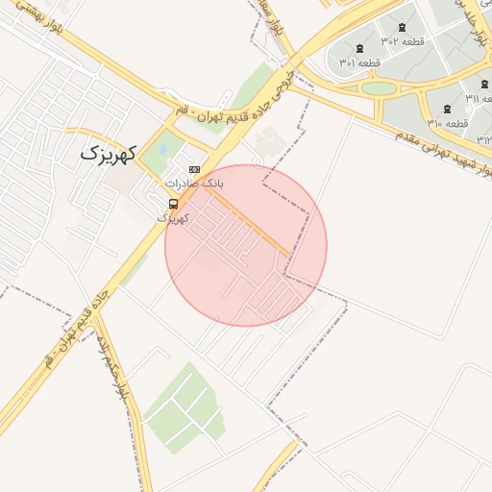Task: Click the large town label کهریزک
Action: pyautogui.click(x=109, y=152)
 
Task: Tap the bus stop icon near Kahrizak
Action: pyautogui.click(x=173, y=204)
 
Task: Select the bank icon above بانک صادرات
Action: pyautogui.click(x=194, y=169)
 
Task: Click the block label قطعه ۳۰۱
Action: pyautogui.click(x=360, y=62)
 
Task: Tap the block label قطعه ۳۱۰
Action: pyautogui.click(x=448, y=123)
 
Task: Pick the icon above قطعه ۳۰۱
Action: pyautogui.click(x=360, y=48)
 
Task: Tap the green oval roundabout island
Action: pyautogui.click(x=380, y=88)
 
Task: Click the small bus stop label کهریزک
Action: pyautogui.click(x=173, y=218)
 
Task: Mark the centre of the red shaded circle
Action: pyautogui.click(x=246, y=246)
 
